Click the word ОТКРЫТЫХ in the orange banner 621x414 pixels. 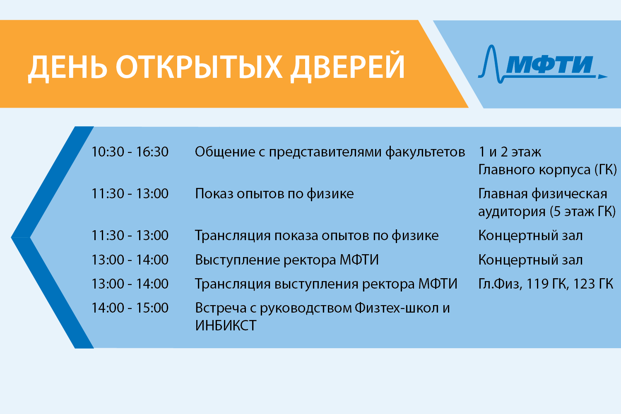point(199,67)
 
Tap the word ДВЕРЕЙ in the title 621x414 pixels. point(347,67)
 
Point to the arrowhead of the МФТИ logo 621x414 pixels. point(602,77)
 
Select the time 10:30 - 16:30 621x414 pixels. point(130,152)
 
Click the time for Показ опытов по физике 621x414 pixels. point(130,194)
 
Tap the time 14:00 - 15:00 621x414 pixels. point(130,308)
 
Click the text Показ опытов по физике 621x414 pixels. point(274,194)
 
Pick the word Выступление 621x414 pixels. point(237,260)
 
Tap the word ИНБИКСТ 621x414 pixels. point(226,325)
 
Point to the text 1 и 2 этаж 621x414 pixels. point(510,152)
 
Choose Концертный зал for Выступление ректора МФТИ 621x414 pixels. point(530,260)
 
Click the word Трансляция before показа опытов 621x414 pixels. point(233,236)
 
